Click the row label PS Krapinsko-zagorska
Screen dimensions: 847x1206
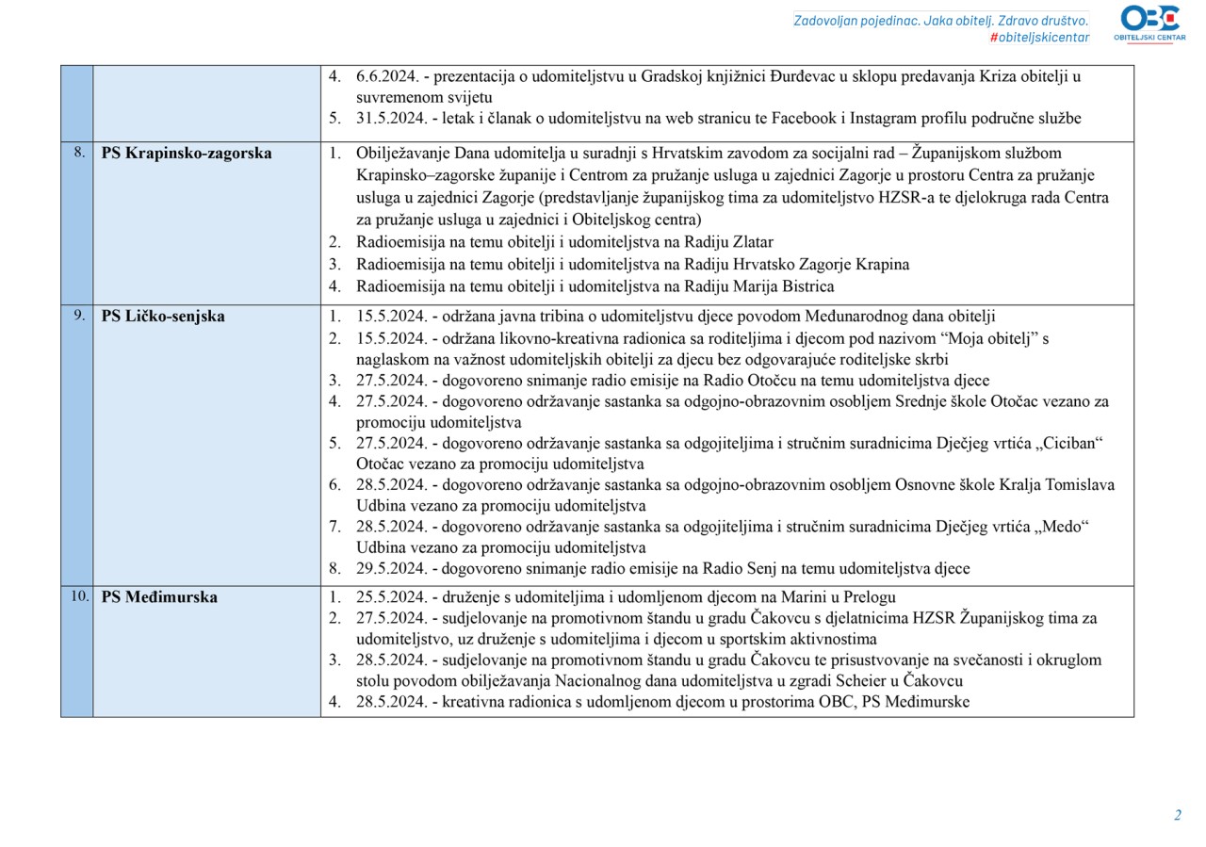click(187, 154)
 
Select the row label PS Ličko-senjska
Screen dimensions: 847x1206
click(163, 317)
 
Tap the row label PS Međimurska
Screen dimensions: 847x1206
click(159, 597)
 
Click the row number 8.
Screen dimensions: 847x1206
click(79, 153)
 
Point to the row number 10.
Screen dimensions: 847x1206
click(80, 596)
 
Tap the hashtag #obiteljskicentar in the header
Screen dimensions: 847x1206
click(1039, 38)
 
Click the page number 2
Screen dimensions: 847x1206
click(1177, 815)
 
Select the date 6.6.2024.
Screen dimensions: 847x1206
click(386, 77)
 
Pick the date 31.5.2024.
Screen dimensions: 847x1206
click(390, 119)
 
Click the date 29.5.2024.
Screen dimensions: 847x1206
click(390, 568)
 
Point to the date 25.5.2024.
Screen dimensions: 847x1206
click(390, 597)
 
